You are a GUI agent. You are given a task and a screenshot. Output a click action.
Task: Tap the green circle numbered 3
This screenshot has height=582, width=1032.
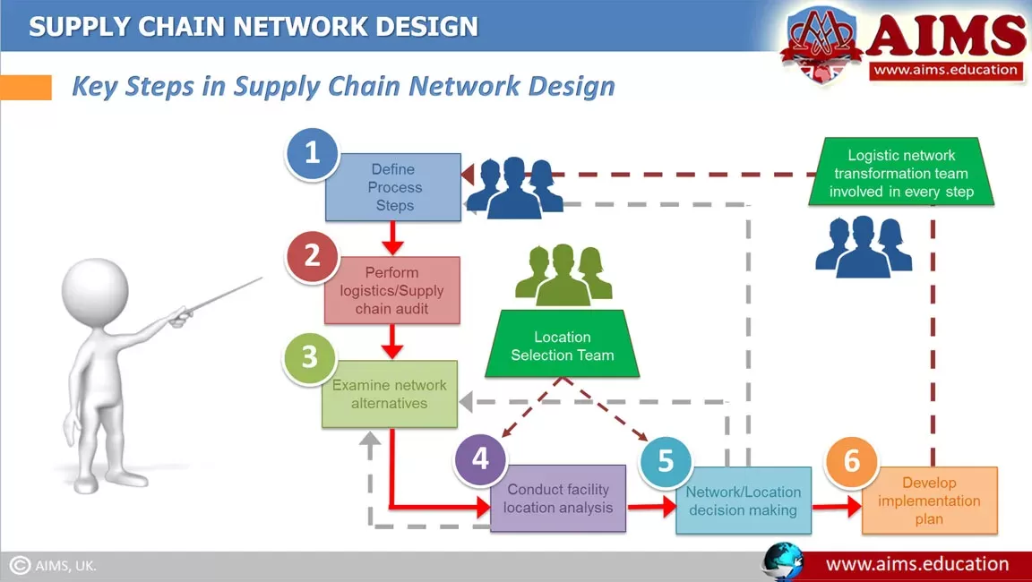point(309,358)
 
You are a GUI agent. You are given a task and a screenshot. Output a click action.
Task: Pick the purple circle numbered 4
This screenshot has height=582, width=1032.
point(480,459)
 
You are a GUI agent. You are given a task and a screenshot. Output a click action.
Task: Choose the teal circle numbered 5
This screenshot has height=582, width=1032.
point(666,461)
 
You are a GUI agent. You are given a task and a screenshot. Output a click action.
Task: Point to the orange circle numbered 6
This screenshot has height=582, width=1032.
point(851,462)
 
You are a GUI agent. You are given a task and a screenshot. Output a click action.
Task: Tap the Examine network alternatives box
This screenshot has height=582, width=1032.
point(391,395)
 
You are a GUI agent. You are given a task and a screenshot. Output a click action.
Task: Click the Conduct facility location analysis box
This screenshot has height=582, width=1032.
point(559,500)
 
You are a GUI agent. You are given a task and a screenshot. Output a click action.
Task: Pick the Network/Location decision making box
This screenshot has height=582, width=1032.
point(744,501)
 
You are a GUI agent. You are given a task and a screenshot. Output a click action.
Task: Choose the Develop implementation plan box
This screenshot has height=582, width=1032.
point(930,501)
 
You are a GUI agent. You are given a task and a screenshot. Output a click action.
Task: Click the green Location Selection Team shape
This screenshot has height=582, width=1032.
point(563,346)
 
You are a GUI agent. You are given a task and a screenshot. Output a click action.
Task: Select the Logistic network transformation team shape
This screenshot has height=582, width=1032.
point(901,174)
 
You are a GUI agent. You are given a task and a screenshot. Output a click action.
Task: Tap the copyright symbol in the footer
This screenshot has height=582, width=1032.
point(20,566)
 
